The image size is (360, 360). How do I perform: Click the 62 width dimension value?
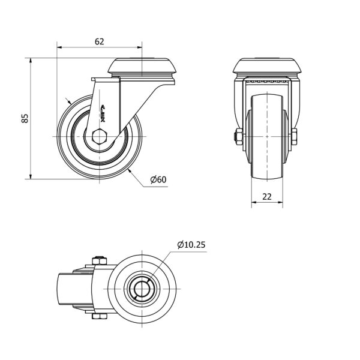[100, 41]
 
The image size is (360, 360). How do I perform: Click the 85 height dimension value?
[25, 118]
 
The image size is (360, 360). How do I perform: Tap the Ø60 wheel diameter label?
[158, 179]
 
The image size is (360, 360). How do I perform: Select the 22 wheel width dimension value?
[267, 197]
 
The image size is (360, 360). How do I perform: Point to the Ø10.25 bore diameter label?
[191, 245]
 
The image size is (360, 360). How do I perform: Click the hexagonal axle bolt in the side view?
[100, 137]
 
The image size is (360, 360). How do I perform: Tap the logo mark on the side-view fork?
[103, 113]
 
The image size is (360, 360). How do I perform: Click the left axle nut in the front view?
[238, 137]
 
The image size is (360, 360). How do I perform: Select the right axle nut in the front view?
[294, 137]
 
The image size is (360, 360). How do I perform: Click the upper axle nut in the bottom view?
[100, 260]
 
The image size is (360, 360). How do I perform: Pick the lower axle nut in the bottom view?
[100, 316]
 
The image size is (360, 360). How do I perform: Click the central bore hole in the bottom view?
[142, 289]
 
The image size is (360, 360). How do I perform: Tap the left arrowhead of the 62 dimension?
[59, 47]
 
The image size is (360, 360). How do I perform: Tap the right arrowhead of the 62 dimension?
[139, 47]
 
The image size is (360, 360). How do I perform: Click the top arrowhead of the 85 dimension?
[31, 61]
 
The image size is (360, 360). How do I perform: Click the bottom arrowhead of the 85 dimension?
[31, 176]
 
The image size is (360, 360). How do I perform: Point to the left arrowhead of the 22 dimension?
[254, 202]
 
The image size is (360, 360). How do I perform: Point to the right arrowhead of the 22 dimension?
[280, 202]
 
